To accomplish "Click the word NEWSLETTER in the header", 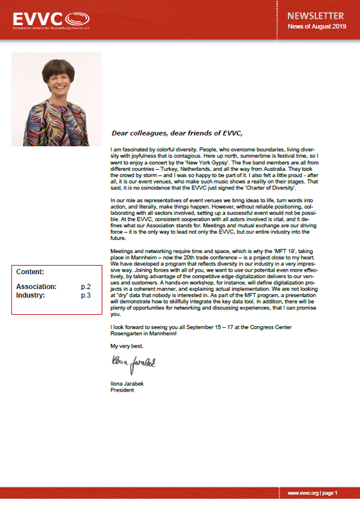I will [x=315, y=16].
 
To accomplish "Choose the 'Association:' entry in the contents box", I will [x=37, y=287].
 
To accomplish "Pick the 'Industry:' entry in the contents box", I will [x=31, y=296].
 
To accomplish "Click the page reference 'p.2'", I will [x=86, y=287].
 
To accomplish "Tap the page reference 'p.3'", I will [x=86, y=296].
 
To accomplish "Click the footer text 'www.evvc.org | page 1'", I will [x=313, y=493].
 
